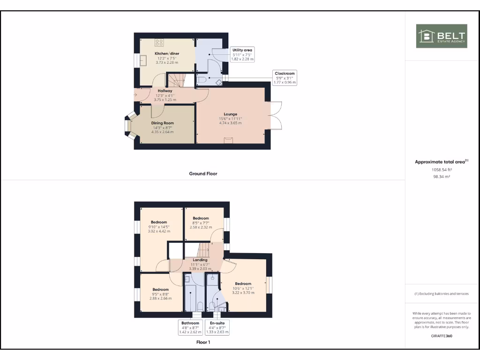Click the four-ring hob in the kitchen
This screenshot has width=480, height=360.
pyautogui.click(x=159, y=42)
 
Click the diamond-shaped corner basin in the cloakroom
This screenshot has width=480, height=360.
pyautogui.click(x=219, y=81)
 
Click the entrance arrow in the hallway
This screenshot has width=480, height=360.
pyautogui.click(x=136, y=95)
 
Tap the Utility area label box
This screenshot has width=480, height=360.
pyautogui.click(x=243, y=54)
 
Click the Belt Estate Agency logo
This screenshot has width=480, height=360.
pyautogui.click(x=442, y=36)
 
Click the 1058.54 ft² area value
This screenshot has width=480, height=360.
pyautogui.click(x=441, y=170)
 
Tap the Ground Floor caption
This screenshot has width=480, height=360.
pyautogui.click(x=203, y=173)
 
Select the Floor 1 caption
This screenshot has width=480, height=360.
pyautogui.click(x=203, y=342)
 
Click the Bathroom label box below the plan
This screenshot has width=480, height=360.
pyautogui.click(x=190, y=327)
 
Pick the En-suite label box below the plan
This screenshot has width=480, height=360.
pyautogui.click(x=217, y=327)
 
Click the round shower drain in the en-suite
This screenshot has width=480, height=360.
pyautogui.click(x=213, y=278)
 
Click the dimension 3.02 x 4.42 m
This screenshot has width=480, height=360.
pyautogui.click(x=159, y=231)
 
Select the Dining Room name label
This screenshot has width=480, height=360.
pyautogui.click(x=162, y=123)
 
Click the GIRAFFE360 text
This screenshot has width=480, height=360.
pyautogui.click(x=441, y=336)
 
